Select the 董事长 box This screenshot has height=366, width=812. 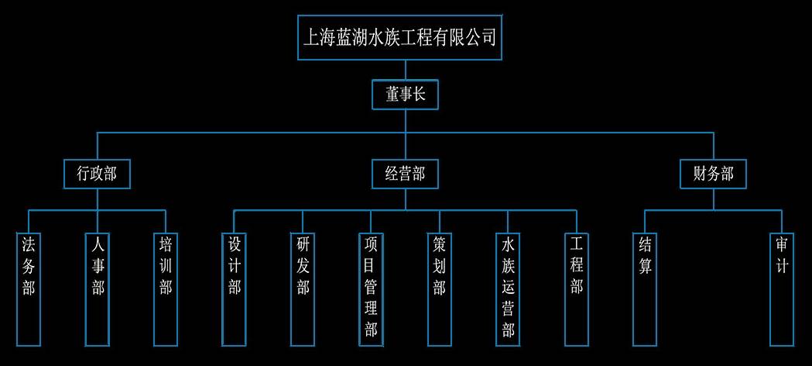coord(406,95)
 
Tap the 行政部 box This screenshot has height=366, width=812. coord(97,174)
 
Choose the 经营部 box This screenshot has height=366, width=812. coord(405,174)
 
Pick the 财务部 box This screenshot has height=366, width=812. coord(713,174)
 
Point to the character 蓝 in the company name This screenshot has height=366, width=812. coord(347,37)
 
